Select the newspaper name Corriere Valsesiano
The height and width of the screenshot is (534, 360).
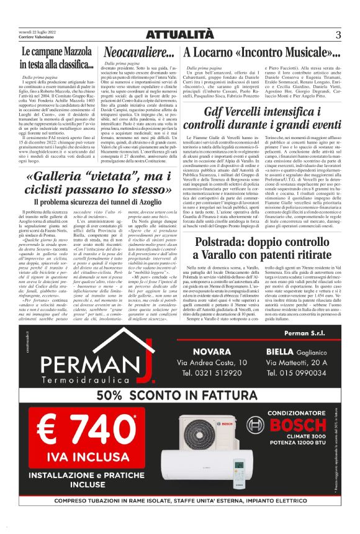pyautogui.click(x=31, y=37)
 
